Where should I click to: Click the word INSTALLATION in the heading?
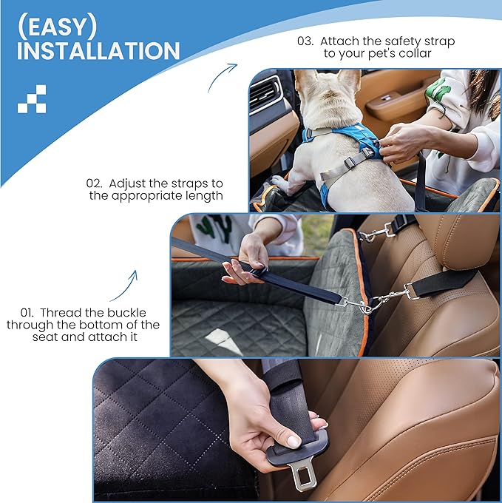click(98, 51)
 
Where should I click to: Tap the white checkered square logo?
click(32, 98)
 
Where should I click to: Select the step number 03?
click(305, 41)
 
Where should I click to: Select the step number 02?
click(95, 183)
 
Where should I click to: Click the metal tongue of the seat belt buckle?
click(305, 478)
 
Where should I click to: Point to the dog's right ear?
click(348, 80)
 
